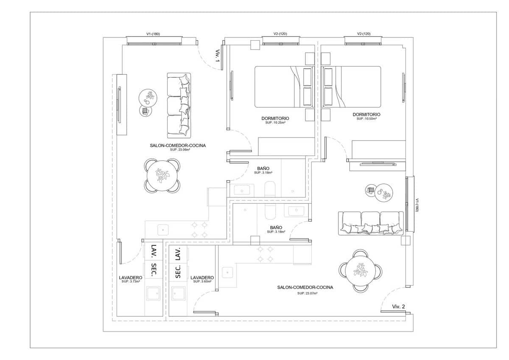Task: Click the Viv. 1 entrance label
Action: coord(217,56)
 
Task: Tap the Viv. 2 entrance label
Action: coord(398,306)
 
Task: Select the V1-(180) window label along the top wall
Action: coord(153,34)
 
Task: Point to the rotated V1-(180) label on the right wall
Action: coord(417,205)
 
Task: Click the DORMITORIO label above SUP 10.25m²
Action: coord(275,118)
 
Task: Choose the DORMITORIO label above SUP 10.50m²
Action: coord(366,115)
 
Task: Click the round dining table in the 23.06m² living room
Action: coord(162,175)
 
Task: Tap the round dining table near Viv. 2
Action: coord(361,270)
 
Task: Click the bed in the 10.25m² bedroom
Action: coord(282,87)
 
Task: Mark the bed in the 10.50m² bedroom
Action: coord(353,87)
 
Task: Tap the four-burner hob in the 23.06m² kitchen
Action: coord(199,229)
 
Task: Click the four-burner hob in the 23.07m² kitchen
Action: coord(265,254)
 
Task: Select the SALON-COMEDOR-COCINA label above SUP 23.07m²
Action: coord(305,287)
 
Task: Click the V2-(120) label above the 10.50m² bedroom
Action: coord(364,34)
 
